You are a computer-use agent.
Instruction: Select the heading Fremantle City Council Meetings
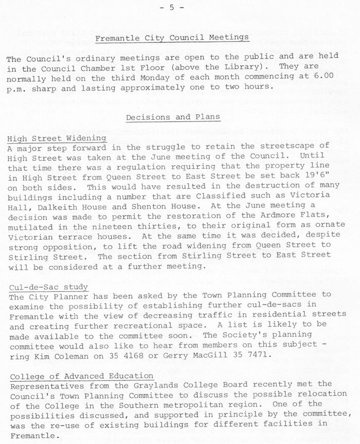pos(172,38)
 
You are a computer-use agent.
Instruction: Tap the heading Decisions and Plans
pos(173,117)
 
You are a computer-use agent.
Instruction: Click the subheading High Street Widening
pos(57,138)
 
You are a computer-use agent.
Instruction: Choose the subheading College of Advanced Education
pos(80,376)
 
